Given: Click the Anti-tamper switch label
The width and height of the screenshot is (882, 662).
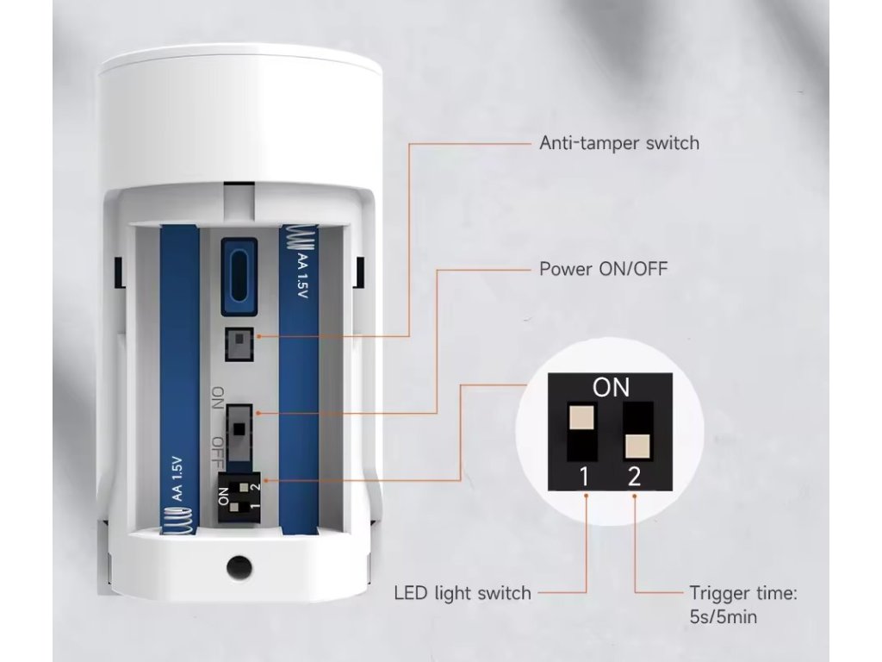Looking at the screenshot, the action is tap(619, 143).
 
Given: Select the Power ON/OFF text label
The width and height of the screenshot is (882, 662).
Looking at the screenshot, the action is tap(604, 269).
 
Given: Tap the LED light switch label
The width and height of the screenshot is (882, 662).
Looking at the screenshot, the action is tap(463, 593).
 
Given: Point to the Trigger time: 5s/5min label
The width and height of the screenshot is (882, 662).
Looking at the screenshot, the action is tap(743, 604).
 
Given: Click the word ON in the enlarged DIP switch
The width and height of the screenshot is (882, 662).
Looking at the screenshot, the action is tap(611, 388).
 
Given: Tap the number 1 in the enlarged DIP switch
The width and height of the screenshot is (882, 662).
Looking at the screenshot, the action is tap(585, 477).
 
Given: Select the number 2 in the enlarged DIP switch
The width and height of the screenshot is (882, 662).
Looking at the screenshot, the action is tap(634, 477).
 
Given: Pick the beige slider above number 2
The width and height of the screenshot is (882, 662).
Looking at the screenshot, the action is tap(637, 446).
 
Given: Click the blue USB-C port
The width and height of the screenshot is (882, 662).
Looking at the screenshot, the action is tap(239, 277).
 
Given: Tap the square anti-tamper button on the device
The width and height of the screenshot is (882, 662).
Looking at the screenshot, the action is tap(239, 344).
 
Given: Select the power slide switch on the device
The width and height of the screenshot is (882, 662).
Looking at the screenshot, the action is tap(239, 432).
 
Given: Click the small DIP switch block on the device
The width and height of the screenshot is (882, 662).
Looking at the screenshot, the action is tap(240, 496).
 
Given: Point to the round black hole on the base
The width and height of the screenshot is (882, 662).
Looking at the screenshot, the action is tap(239, 567).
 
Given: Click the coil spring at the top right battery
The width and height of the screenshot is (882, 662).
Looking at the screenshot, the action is tap(298, 239).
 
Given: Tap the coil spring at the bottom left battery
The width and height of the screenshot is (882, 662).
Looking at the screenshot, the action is tap(179, 521).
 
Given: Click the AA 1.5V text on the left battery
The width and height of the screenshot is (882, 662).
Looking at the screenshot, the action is tap(177, 478).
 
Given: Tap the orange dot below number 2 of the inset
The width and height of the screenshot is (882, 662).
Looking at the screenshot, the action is tap(635, 496).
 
